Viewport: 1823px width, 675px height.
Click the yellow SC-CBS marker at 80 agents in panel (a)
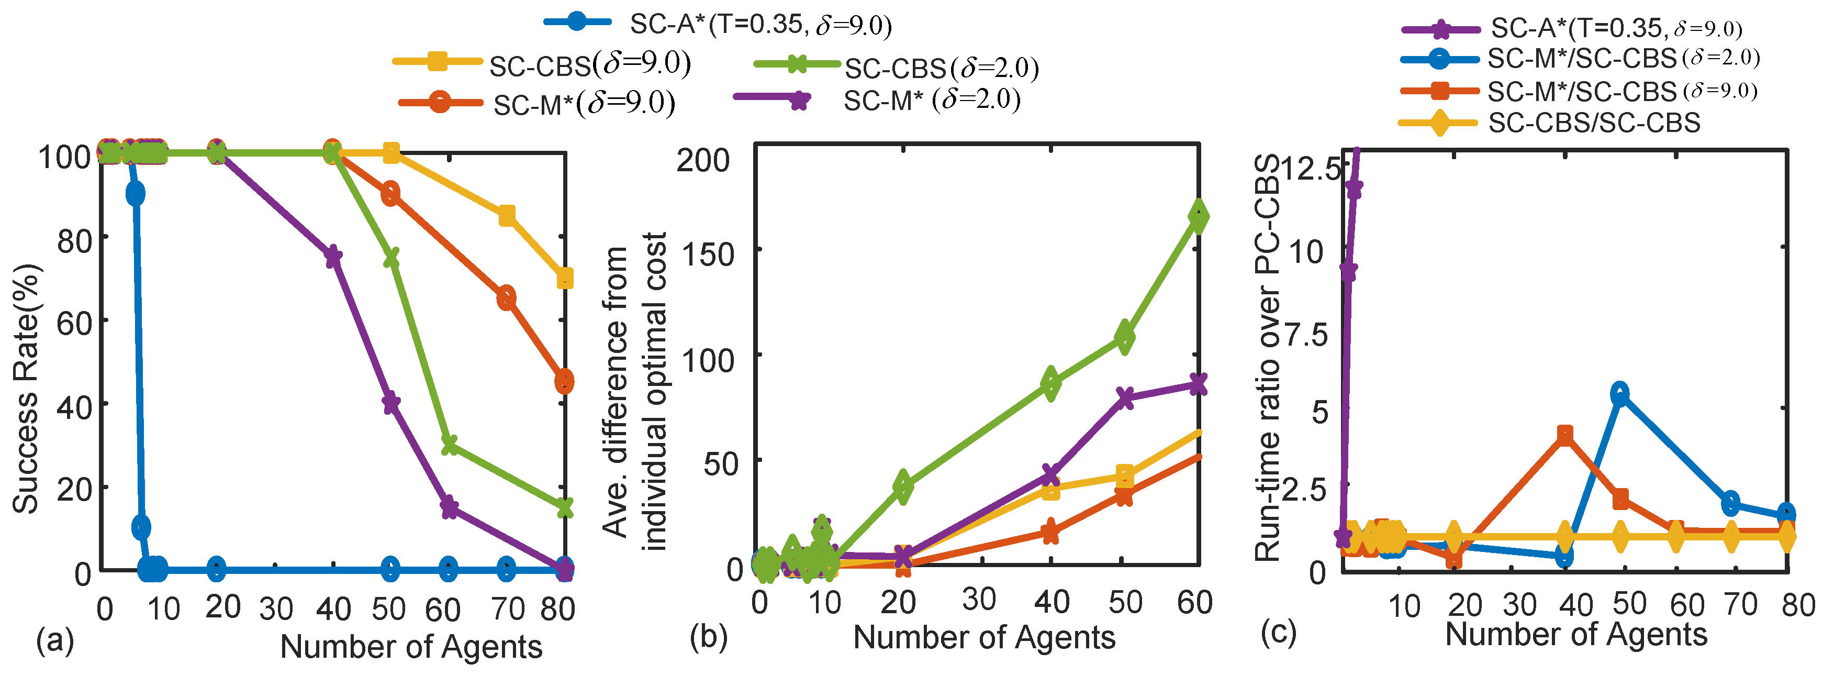pos(565,279)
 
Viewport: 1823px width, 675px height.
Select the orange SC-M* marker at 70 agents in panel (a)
pos(506,298)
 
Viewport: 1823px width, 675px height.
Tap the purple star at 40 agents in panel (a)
pos(332,257)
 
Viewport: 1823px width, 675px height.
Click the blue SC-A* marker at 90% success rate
pos(135,193)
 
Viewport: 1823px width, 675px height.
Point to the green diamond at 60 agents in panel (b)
pos(1198,216)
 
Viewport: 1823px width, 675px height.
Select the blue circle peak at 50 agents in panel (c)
pos(1620,393)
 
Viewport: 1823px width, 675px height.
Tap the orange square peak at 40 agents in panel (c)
pos(1564,435)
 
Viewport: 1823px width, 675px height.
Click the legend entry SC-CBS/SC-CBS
pos(1549,123)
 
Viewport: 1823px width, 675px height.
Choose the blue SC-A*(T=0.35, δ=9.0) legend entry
pos(718,24)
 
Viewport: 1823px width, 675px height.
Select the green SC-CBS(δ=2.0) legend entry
pos(896,67)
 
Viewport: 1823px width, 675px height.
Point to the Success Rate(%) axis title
pos(26,389)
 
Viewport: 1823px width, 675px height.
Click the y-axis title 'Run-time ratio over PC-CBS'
pos(1268,358)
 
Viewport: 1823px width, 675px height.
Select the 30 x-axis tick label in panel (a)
pos(275,608)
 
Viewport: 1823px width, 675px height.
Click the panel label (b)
pos(708,637)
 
